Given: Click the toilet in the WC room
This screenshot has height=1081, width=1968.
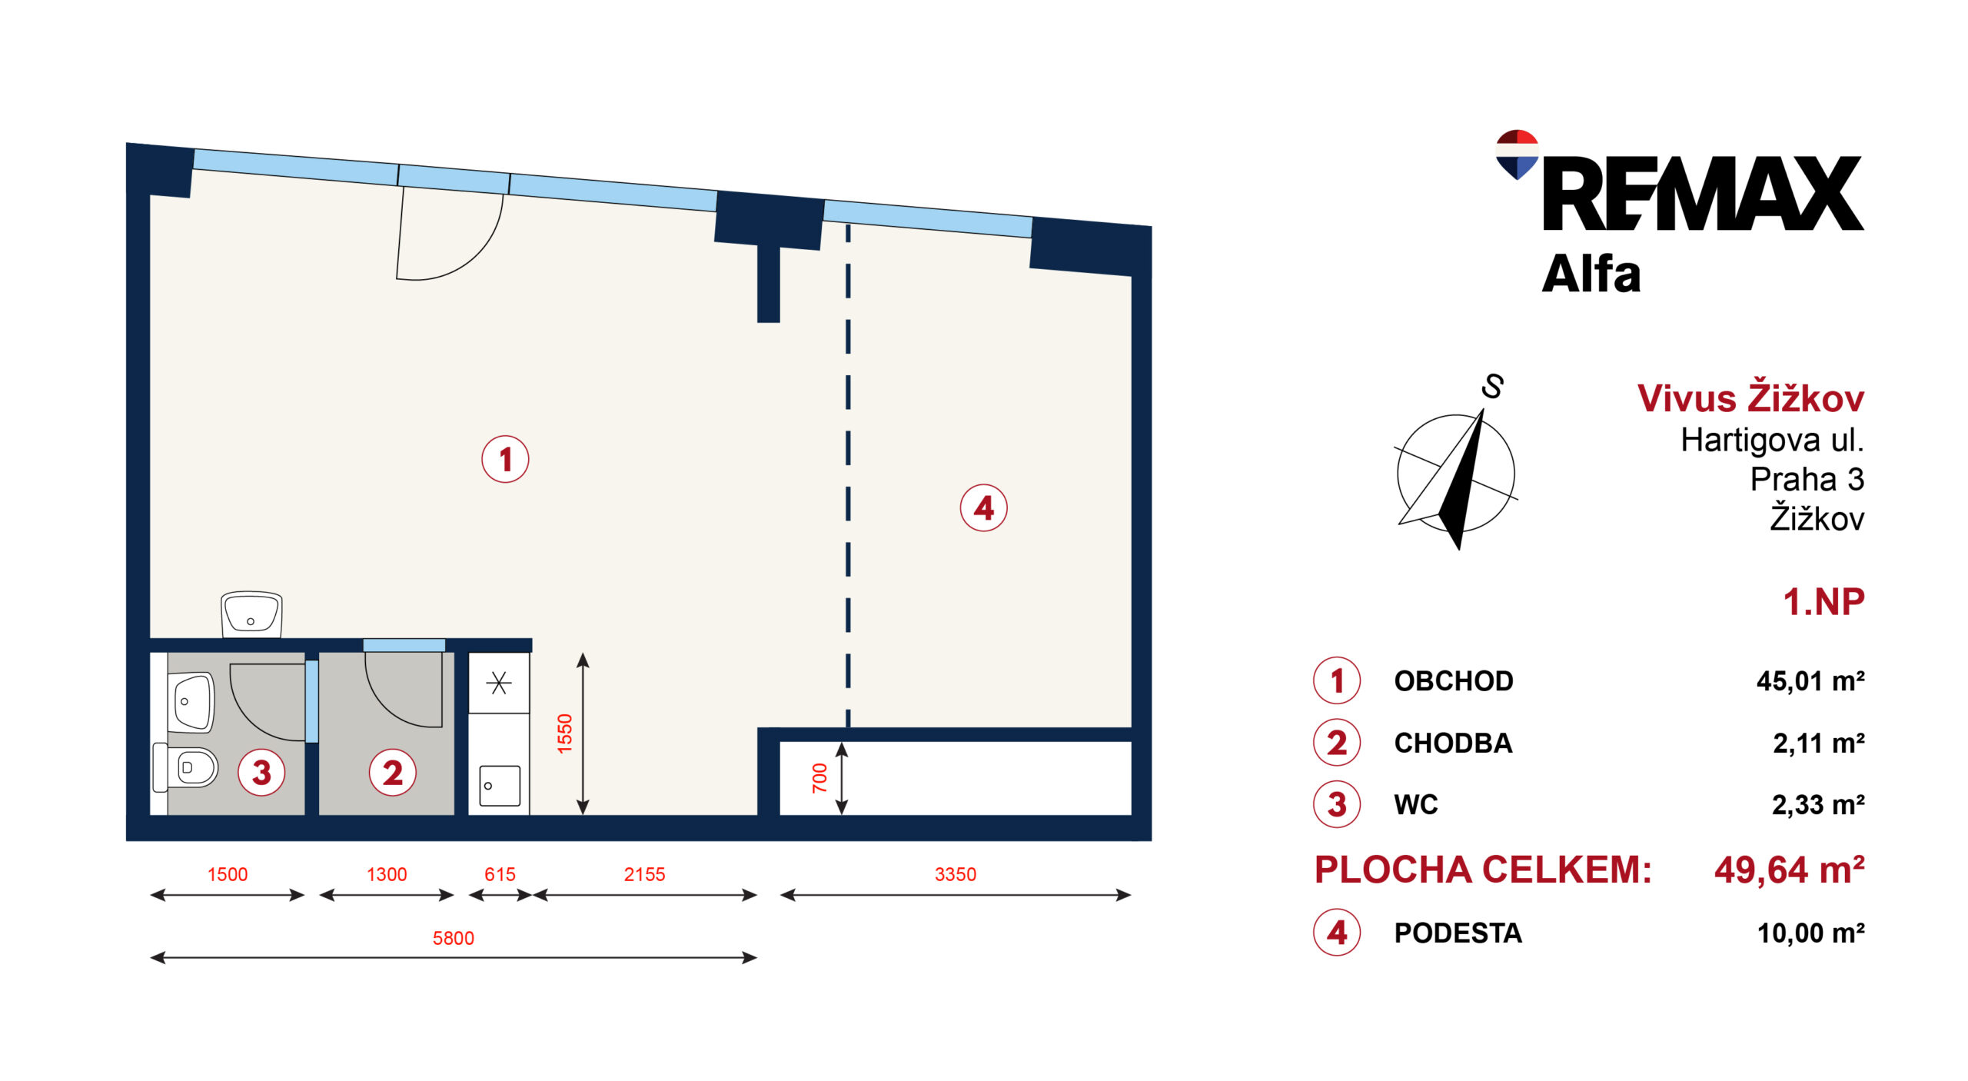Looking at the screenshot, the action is [185, 767].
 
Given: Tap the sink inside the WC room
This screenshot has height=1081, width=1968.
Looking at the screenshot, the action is [191, 702].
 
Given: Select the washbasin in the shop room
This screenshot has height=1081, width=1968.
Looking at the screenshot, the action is [251, 614].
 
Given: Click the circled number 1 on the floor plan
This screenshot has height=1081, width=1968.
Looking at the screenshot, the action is [505, 459].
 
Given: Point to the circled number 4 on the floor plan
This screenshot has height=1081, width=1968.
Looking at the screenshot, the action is [983, 507].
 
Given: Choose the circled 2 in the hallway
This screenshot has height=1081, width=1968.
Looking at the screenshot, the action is [393, 772].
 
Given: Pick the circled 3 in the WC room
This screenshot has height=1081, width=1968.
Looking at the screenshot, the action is [261, 772].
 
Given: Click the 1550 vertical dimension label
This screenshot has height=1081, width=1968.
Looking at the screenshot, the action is [565, 733].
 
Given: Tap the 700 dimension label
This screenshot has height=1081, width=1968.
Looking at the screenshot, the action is [819, 777].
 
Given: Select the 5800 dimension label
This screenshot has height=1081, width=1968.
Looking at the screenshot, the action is [454, 938].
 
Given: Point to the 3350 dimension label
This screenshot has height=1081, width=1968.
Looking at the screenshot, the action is [956, 874].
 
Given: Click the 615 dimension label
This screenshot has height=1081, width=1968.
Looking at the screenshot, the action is [500, 874].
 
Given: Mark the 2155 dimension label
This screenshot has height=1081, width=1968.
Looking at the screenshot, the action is [644, 874].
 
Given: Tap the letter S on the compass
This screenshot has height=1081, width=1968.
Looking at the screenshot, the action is [1493, 386].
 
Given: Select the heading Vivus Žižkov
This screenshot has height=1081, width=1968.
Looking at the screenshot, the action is [1750, 397].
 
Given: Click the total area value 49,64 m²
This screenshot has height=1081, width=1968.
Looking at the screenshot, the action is [1790, 870].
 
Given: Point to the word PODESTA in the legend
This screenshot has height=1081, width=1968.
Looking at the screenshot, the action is [1458, 933].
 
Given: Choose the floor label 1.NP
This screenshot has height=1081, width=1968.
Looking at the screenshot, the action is [1823, 601].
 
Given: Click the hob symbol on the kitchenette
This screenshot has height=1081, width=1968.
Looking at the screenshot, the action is [499, 683].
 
